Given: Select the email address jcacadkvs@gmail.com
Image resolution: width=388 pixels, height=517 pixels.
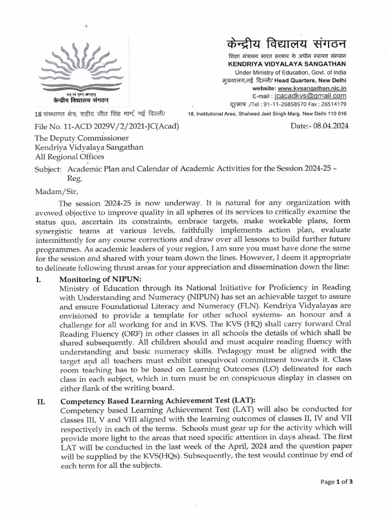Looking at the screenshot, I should tap(317, 96).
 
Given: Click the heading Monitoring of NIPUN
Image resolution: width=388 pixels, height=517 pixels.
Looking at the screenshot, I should tap(101, 279).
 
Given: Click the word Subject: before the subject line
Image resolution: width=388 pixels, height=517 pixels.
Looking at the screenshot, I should tap(47, 168).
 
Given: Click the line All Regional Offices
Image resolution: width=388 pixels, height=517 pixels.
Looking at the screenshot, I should tap(69, 157).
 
